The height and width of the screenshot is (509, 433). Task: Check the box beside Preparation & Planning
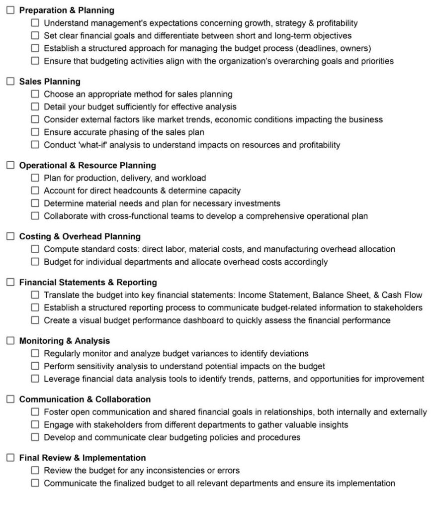point(10,10)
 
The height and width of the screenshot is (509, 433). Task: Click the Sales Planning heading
point(49,81)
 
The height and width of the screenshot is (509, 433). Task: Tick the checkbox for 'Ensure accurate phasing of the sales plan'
point(35,132)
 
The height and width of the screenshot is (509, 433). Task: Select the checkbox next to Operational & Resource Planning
point(10,165)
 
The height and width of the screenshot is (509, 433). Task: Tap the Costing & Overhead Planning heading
point(80,236)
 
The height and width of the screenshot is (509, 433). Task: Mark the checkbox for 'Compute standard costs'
point(35,249)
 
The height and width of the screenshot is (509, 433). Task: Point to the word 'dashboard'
point(204,320)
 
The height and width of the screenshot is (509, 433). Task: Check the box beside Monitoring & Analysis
point(10,341)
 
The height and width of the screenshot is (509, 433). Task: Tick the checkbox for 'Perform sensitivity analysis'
point(35,366)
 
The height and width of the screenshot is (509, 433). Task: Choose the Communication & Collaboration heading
point(85,399)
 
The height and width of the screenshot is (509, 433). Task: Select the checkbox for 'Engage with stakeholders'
point(35,424)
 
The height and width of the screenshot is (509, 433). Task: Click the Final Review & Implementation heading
point(82,458)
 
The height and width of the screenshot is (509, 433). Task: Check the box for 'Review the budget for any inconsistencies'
point(35,470)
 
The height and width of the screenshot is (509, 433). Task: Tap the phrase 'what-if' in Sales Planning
point(96,145)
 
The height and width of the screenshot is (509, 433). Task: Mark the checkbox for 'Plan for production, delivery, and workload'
point(35,178)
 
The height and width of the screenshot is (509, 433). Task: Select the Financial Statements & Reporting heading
point(87,282)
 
